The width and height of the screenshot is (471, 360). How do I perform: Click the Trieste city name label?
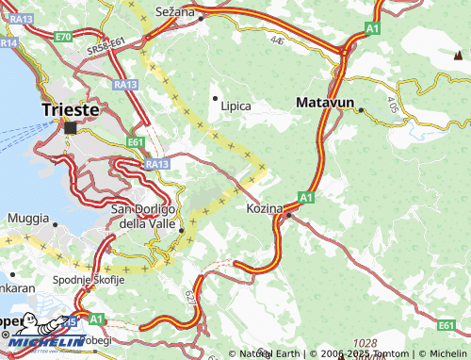pyautogui.click(x=71, y=109)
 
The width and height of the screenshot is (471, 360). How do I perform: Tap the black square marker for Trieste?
pyautogui.click(x=71, y=127)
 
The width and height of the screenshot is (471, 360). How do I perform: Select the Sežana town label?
pyautogui.click(x=176, y=11)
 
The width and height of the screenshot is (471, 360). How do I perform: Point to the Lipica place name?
pyautogui.click(x=235, y=106)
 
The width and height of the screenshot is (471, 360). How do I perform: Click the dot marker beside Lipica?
pyautogui.click(x=216, y=98)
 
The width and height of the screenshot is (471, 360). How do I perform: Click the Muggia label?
pyautogui.click(x=27, y=219)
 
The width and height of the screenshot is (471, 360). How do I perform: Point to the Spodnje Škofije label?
pyautogui.click(x=88, y=280)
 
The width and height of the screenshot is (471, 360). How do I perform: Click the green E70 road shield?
pyautogui.click(x=63, y=36)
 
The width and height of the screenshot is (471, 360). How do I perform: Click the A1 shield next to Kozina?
pyautogui.click(x=306, y=197)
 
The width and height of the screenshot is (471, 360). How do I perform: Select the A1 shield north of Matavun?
pyautogui.click(x=373, y=29)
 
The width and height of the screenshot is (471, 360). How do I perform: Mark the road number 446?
pyautogui.click(x=276, y=41)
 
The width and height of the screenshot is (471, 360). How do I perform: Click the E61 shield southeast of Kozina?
pyautogui.click(x=447, y=325)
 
